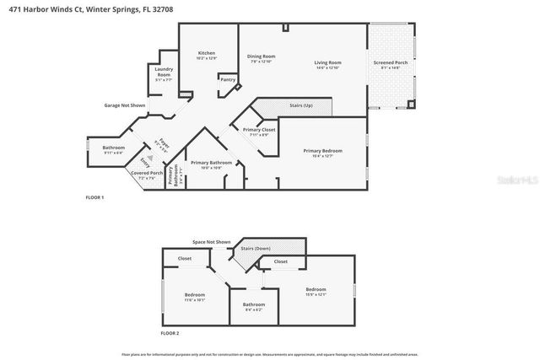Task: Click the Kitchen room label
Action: [206, 52]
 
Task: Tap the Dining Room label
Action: [261, 56]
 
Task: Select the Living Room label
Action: [327, 63]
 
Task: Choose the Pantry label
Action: [227, 80]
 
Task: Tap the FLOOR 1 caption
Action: [94, 197]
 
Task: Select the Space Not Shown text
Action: [211, 242]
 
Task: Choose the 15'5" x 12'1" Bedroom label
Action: [316, 289]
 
